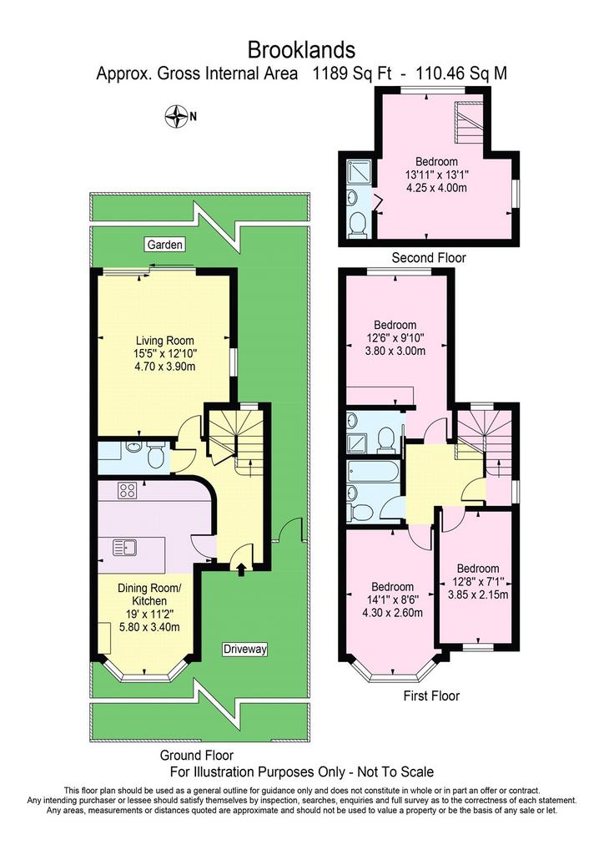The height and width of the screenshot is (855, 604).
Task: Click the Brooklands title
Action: pos(301,50)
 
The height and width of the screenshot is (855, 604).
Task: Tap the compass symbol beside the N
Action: pos(177,116)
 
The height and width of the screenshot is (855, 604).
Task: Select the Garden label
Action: pos(164,245)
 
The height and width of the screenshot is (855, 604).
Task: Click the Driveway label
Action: pos(245,649)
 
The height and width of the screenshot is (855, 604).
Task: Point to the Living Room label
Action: pos(164,341)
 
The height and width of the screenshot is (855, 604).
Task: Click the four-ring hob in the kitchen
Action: pos(128,490)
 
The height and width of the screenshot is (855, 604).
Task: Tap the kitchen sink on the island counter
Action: pos(125,547)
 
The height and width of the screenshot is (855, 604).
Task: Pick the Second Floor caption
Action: pos(429,257)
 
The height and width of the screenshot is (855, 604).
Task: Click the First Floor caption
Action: pos(431,696)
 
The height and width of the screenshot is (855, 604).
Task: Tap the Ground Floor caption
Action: pos(197,755)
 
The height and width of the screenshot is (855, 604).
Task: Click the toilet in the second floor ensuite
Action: pos(359,224)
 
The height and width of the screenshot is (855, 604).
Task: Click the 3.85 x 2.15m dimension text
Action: pos(478,594)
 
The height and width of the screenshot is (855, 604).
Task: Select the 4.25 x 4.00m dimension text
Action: pos(437,188)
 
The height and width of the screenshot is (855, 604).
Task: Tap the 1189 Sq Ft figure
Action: pos(351,73)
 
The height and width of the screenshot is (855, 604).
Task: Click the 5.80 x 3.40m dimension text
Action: pos(150,627)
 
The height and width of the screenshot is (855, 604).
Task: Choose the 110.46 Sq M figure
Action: pos(461,73)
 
